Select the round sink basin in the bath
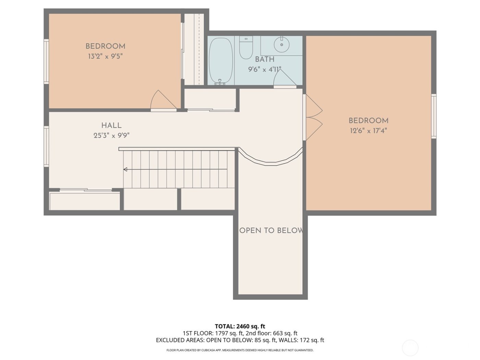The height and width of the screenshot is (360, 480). (x=282, y=45)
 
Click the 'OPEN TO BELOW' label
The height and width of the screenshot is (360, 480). (x=271, y=230)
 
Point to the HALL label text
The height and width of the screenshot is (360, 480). (x=111, y=125)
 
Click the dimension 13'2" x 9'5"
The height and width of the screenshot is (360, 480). (x=105, y=56)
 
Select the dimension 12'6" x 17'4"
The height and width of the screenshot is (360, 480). (x=368, y=131)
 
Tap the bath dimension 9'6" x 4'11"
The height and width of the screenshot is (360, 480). (x=265, y=69)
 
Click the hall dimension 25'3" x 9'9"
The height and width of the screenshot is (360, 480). (x=111, y=135)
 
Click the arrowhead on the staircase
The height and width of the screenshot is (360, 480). (x=125, y=169)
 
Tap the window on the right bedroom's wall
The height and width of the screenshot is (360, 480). (x=434, y=116)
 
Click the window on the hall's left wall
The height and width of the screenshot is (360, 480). (x=46, y=146)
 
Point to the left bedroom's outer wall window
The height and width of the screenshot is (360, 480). (x=46, y=61)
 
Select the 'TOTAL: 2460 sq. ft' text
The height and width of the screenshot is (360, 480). (x=240, y=326)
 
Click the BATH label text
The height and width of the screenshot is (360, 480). (x=264, y=59)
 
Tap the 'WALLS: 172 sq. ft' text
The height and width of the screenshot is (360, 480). (x=301, y=340)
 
